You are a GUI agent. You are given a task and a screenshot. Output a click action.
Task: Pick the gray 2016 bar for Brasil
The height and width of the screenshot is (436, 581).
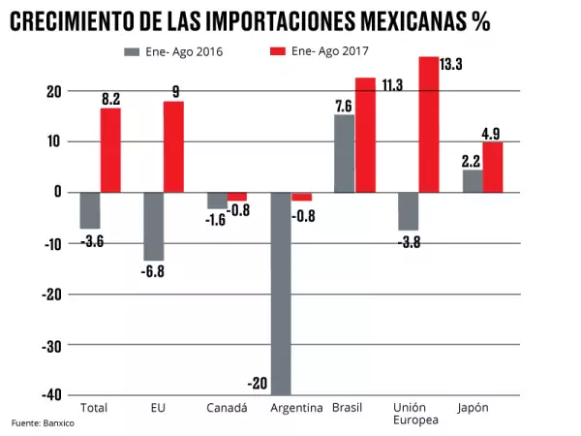pos(344,153)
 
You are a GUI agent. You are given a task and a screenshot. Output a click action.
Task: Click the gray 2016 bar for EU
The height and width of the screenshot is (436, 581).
pos(153,226)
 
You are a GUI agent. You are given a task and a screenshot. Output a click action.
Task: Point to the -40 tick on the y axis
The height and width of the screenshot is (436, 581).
pos(48,395)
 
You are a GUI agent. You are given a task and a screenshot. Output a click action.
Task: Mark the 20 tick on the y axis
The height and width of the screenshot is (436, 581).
pos(51,91)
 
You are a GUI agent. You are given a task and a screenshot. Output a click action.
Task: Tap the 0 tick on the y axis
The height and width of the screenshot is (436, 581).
pos(57,192)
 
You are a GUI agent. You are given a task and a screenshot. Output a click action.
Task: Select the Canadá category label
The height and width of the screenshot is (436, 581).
pos(227,408)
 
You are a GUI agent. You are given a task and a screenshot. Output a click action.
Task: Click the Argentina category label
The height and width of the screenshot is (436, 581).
pos(295,408)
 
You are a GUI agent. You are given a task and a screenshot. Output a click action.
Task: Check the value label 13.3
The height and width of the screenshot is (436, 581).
pos(451,65)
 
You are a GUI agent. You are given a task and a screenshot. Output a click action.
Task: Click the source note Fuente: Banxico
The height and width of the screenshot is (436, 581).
pos(43,423)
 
